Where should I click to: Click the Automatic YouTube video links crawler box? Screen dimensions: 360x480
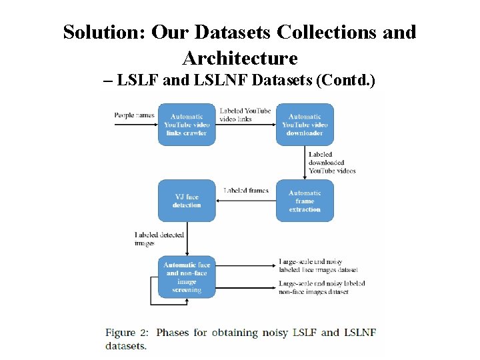[187, 125]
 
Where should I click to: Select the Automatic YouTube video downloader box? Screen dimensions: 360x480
[305, 125]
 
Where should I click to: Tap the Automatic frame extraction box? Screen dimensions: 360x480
[305, 201]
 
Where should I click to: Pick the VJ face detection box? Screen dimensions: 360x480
[187, 201]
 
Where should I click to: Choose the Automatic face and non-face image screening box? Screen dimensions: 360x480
[187, 277]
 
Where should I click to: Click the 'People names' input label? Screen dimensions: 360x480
[134, 115]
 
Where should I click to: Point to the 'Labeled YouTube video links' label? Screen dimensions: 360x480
[245, 114]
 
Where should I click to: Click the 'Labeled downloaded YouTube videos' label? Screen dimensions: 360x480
[331, 163]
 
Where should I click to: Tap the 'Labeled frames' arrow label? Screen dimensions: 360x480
[246, 191]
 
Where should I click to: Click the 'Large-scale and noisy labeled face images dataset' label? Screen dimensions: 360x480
[318, 265]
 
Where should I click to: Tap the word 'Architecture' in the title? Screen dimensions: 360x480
[239, 58]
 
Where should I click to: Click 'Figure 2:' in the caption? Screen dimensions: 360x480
[127, 332]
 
